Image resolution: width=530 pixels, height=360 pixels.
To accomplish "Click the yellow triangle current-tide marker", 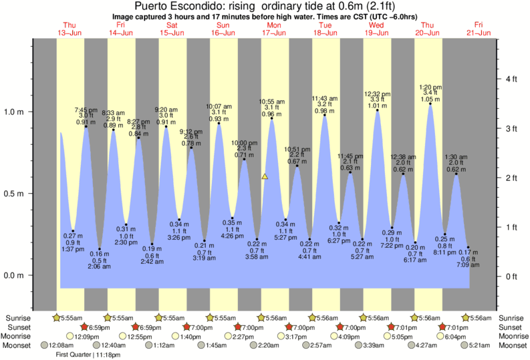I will [265, 177].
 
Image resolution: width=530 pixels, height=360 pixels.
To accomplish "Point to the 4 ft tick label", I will [512, 79].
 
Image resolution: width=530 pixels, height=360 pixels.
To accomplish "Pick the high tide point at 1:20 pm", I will [429, 104].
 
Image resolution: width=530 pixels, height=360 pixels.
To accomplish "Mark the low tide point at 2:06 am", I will [100, 249].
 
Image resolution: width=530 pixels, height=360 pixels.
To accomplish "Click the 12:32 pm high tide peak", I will [378, 111].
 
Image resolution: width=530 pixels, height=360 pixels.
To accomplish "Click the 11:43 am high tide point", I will [325, 116].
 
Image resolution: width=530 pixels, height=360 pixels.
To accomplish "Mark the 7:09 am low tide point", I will [469, 248].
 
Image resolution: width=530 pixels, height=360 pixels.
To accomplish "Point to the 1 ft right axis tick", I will [512, 227].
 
